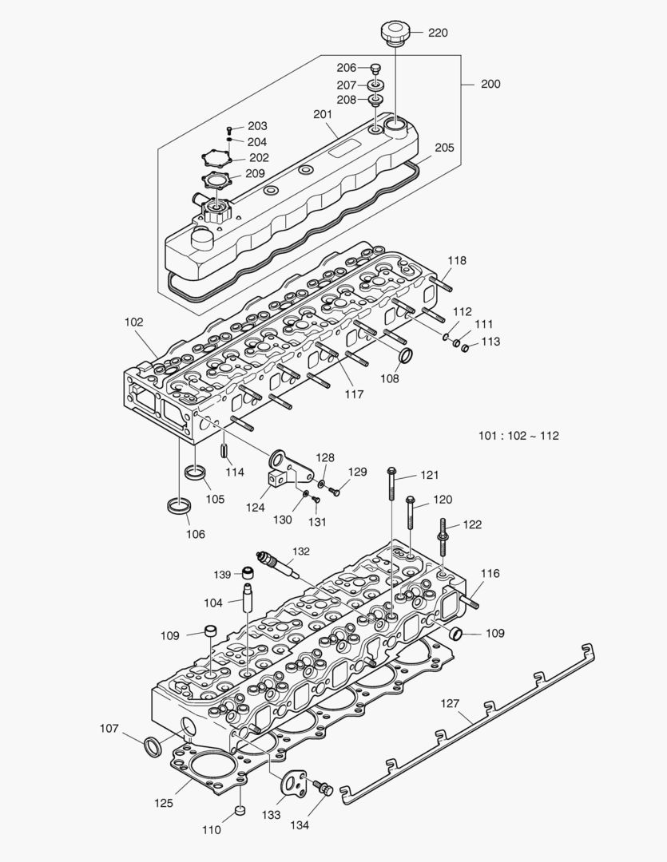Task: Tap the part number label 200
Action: point(490,84)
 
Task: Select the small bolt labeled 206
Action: point(376,69)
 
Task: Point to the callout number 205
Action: point(444,148)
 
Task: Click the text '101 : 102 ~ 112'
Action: point(518,436)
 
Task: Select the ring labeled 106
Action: point(178,506)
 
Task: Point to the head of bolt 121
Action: point(391,470)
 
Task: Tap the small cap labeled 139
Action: point(248,573)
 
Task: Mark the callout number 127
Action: point(451,703)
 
